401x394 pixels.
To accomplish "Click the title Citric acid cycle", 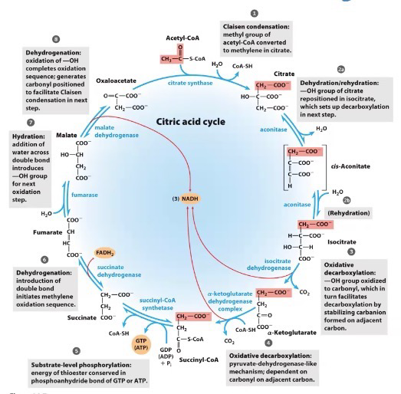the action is coord(190,121).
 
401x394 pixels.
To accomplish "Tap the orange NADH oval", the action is coord(190,199).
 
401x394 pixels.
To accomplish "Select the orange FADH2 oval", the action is coord(104,253).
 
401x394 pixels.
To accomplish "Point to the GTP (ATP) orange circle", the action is coord(141,344).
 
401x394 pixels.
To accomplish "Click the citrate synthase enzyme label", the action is coord(190,83).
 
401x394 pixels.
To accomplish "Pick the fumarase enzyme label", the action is coord(84,195).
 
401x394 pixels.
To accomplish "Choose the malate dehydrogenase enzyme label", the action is coord(117,131).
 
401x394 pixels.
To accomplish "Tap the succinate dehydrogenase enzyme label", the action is coord(119,271).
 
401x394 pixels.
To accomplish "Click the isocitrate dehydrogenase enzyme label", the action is coord(269,264).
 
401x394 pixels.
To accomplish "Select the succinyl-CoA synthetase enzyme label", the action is coord(157,304).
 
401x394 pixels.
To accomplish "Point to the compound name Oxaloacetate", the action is coord(116,80).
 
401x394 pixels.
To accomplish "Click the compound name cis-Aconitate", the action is coord(350,166).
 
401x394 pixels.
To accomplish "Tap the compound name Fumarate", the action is coord(48,232).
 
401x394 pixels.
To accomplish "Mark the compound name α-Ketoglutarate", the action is coord(292,333).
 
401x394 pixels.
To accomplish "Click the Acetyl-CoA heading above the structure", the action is coord(182,38).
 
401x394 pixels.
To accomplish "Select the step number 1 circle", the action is coord(255,13).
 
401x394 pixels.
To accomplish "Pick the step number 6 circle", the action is coord(44,260).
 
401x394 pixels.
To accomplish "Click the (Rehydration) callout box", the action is coord(349,213).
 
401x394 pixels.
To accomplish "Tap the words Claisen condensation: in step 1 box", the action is coord(256,27).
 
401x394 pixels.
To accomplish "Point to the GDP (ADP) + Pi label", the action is coord(166,356).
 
